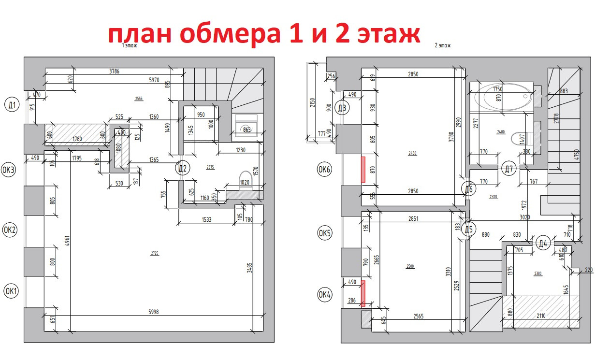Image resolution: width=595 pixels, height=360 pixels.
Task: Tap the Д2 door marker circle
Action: (183, 168)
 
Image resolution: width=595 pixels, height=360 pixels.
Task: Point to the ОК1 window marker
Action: (11, 291)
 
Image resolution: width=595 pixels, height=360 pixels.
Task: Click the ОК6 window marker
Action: (324, 170)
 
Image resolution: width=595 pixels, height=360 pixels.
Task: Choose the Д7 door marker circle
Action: (508, 169)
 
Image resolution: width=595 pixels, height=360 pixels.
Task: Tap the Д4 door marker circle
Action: (543, 243)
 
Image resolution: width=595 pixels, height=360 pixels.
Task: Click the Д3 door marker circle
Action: (343, 108)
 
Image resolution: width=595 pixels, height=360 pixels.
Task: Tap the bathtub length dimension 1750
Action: (497, 89)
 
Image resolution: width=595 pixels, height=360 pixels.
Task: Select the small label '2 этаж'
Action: (443, 45)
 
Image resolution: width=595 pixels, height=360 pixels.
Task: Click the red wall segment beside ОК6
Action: (363, 169)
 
